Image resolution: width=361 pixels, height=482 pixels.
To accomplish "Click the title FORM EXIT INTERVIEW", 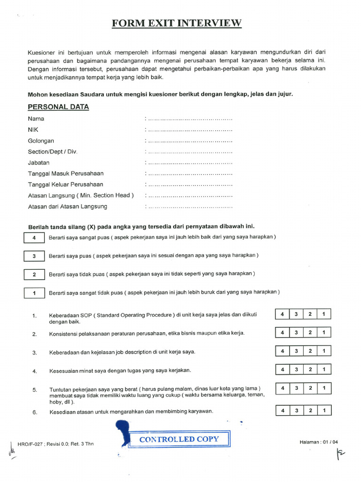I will click(x=177, y=23).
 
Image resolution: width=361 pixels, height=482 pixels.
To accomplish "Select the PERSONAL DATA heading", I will click(x=58, y=107).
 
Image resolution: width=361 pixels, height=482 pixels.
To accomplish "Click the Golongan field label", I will click(x=41, y=141).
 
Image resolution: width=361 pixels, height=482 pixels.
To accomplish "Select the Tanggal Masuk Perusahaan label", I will click(x=65, y=174).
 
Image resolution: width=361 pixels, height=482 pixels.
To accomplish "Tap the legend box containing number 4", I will click(x=34, y=238).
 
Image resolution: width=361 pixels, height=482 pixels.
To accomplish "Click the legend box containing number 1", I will click(x=34, y=293).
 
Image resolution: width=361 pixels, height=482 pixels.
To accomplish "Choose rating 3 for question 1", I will click(x=296, y=314).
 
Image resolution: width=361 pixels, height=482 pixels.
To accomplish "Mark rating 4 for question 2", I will click(x=283, y=333).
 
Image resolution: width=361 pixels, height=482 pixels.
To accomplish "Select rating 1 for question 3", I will click(x=324, y=351).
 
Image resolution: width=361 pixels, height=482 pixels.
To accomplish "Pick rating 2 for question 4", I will click(x=310, y=370).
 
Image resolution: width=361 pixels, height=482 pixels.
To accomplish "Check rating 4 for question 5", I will click(x=283, y=389).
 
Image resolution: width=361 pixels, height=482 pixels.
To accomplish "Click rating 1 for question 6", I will click(x=324, y=411).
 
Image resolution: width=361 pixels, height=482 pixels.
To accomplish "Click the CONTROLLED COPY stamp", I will click(x=179, y=440).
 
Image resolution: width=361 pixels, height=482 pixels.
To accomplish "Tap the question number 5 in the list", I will click(x=35, y=390).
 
